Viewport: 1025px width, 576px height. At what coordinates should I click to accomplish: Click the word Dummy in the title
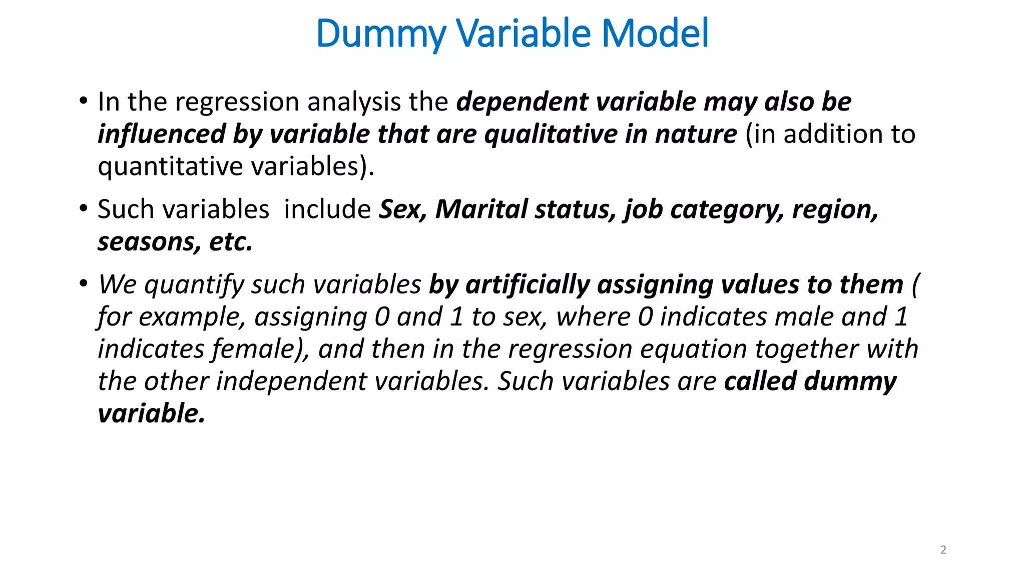click(380, 34)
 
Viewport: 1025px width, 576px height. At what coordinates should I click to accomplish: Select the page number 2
click(943, 550)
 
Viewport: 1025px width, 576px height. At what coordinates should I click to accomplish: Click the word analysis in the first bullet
click(353, 102)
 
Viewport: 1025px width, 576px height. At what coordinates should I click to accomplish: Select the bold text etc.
click(231, 242)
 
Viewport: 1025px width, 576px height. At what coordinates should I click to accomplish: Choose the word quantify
click(194, 285)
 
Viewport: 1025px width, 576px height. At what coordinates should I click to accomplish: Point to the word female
click(255, 349)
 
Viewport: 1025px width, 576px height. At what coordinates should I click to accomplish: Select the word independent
click(291, 381)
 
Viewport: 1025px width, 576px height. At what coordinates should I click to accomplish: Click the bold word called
click(760, 381)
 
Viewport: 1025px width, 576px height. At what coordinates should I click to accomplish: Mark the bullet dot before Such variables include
click(84, 208)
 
